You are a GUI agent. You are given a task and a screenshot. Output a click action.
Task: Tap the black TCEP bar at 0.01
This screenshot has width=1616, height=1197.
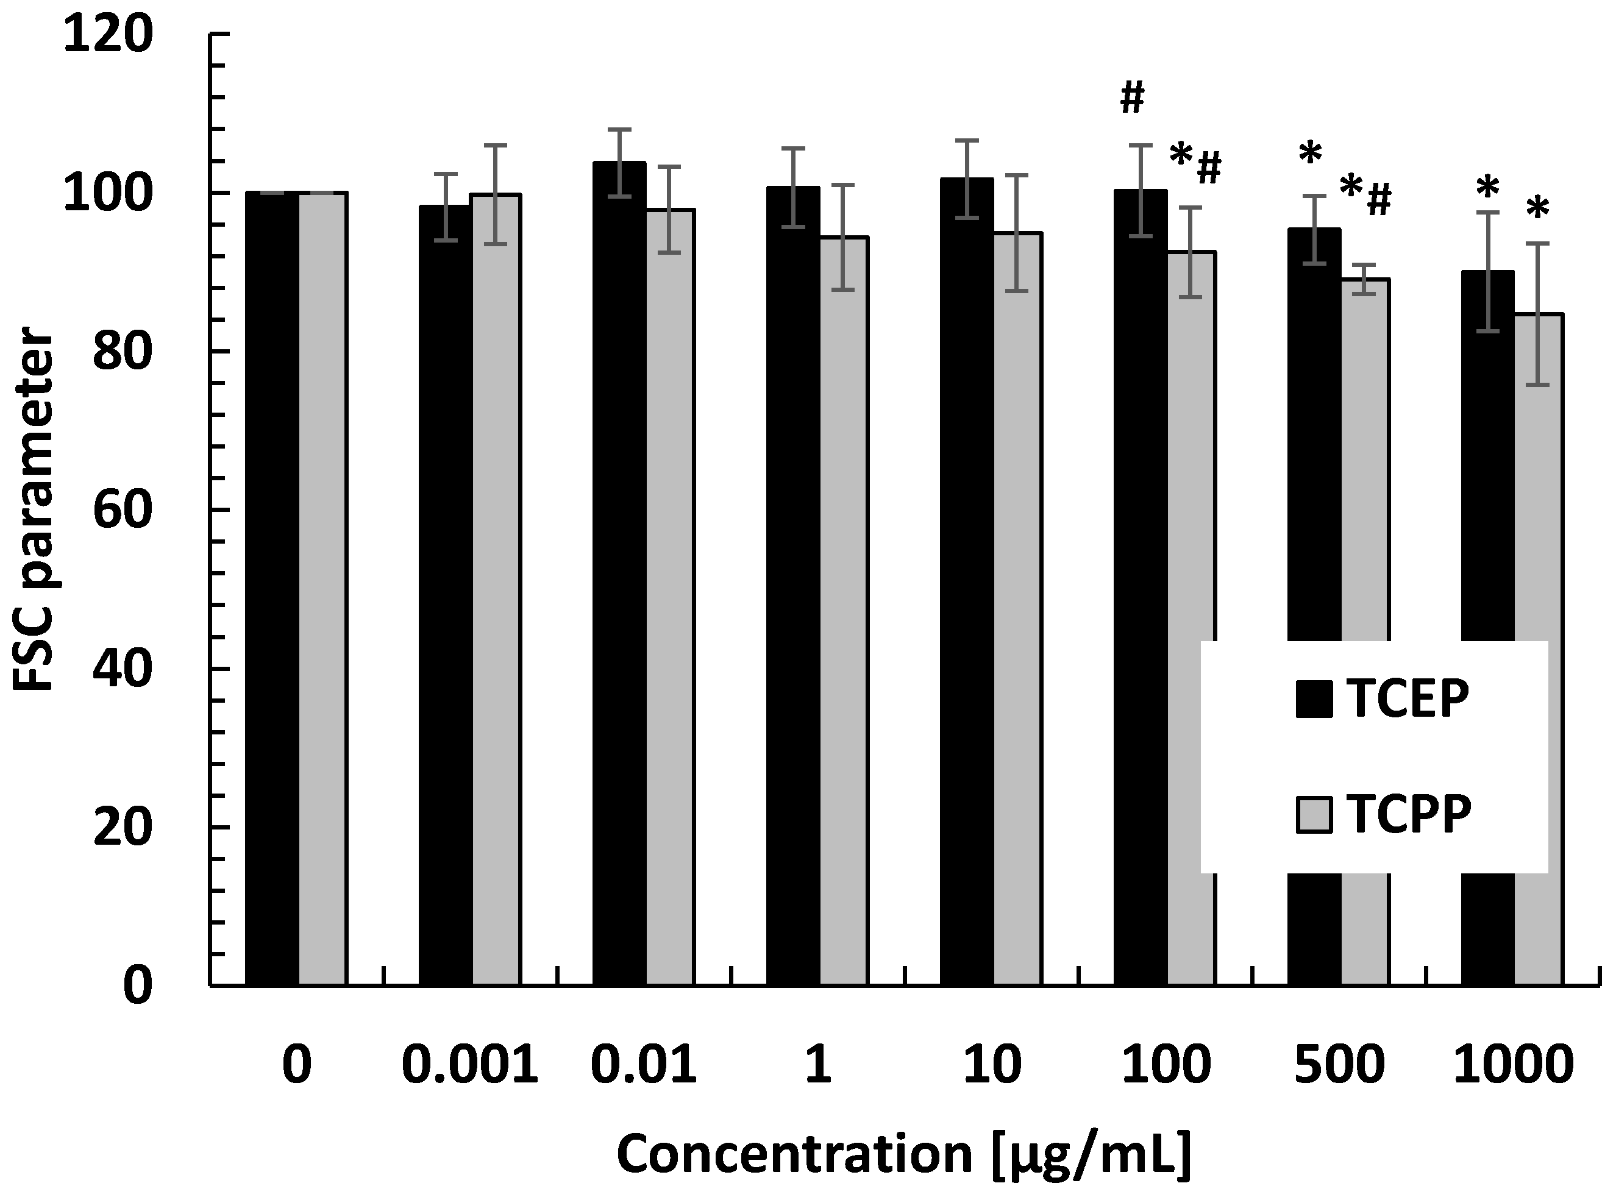[x=619, y=572]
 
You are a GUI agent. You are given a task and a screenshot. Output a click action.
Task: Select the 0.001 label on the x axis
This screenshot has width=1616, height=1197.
[x=469, y=1066]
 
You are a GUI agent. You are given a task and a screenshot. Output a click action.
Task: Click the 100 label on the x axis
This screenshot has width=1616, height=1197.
[x=1166, y=1066]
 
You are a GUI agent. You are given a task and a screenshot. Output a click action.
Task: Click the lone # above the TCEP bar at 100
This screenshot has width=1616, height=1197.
[x=1132, y=99]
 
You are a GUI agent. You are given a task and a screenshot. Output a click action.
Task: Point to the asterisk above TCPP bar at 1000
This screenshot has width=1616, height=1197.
[x=1538, y=211]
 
